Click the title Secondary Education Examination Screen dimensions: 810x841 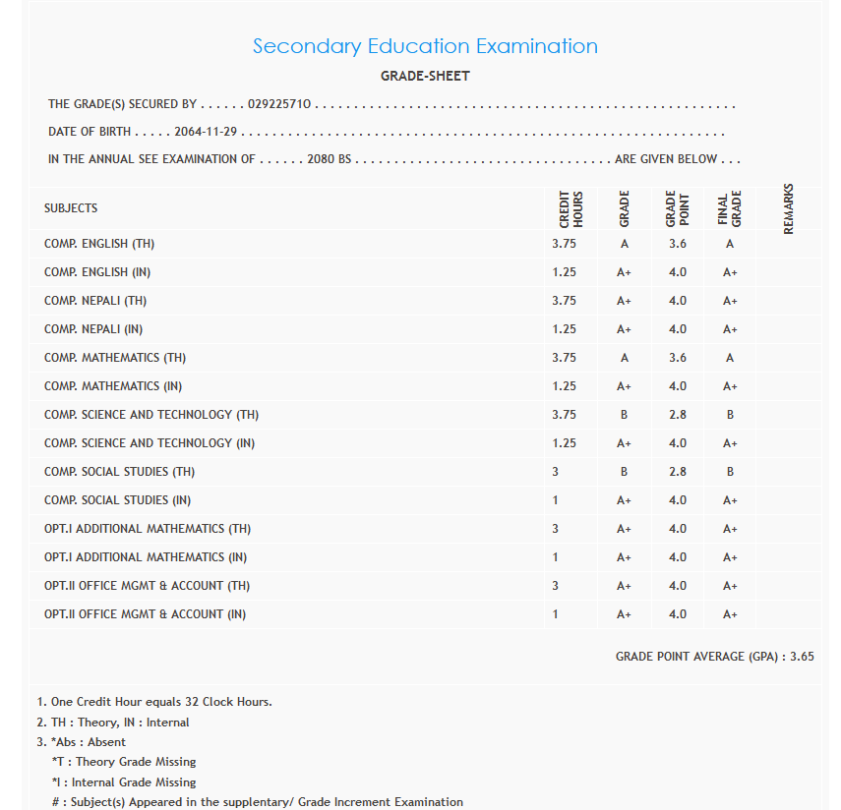(x=425, y=46)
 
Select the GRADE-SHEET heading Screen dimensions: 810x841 (x=425, y=76)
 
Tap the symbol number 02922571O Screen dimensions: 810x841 (x=280, y=104)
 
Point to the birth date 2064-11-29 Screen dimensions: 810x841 (x=207, y=132)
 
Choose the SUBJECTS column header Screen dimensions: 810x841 (x=71, y=208)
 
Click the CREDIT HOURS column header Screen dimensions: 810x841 (x=571, y=209)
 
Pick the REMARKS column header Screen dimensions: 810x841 (x=788, y=209)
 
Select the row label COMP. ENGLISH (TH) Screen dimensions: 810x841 (x=99, y=244)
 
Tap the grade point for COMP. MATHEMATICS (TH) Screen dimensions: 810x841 (x=678, y=358)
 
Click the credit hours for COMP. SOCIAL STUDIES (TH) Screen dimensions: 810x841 (x=556, y=472)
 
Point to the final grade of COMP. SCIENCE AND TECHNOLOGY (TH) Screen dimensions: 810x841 (x=730, y=415)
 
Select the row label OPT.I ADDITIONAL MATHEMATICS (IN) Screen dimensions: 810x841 (x=146, y=557)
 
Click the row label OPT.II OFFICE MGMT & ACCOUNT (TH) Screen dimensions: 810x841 (x=147, y=586)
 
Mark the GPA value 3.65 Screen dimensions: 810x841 (x=802, y=657)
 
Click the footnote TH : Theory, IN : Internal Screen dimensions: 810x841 (x=113, y=723)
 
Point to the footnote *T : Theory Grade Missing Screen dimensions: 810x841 (x=124, y=762)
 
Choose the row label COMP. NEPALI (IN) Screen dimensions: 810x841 (x=93, y=329)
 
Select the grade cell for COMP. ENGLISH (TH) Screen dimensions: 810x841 (x=625, y=244)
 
